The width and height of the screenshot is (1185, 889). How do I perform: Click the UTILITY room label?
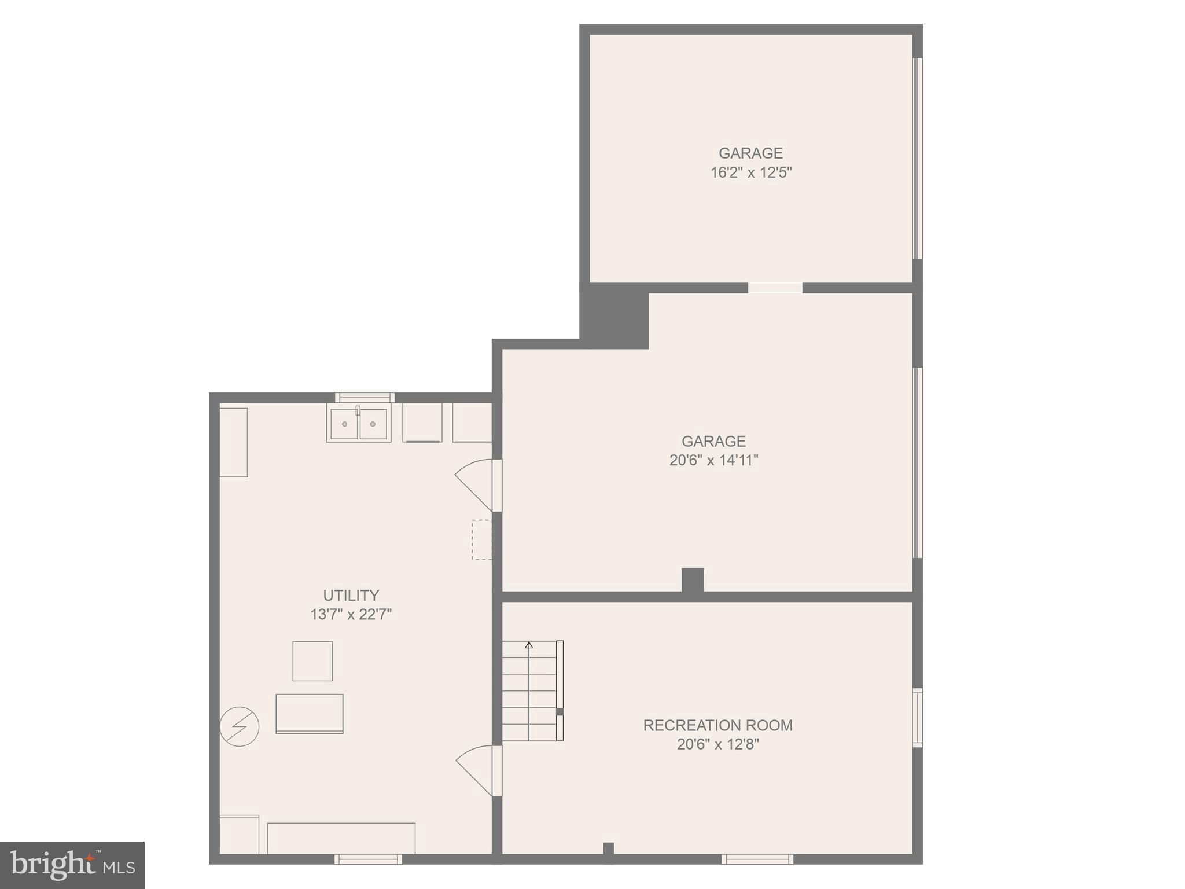click(351, 595)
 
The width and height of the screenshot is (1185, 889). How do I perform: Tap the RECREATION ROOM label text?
click(717, 725)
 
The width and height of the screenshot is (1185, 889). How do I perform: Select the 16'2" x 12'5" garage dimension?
click(750, 172)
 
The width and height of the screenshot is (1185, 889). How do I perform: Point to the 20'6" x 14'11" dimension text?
click(713, 460)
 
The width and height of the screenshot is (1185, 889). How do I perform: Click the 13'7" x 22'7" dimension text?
click(351, 614)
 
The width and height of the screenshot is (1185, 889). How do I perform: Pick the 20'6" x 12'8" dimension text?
click(717, 744)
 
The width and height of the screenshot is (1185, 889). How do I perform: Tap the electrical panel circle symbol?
click(239, 726)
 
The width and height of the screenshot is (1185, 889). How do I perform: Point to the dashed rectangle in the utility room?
click(481, 539)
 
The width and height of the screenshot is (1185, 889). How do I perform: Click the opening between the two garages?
click(775, 288)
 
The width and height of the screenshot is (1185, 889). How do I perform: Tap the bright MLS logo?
click(72, 865)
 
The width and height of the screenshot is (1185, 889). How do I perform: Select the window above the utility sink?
click(365, 398)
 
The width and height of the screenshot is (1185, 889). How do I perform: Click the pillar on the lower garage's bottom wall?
click(693, 580)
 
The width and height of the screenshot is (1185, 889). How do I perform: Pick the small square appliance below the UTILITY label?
click(312, 661)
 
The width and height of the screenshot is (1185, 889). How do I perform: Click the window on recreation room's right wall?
click(917, 717)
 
